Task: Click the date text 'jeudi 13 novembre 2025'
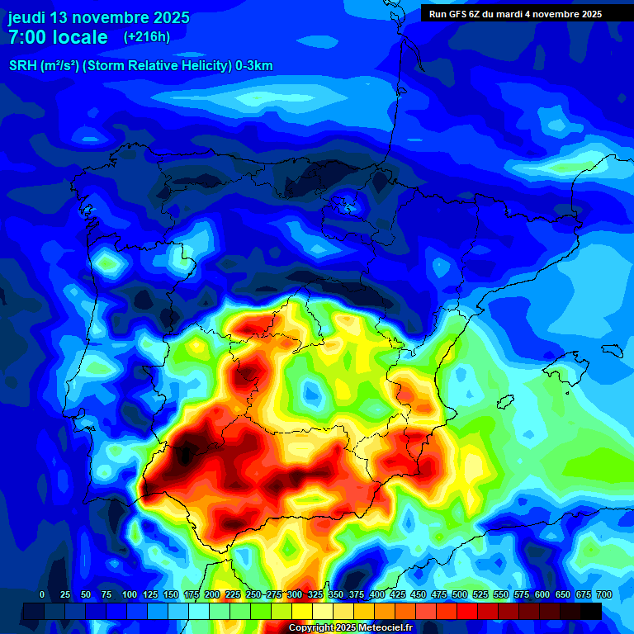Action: click(x=99, y=17)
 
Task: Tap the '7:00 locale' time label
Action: click(x=58, y=37)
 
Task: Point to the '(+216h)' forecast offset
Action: click(x=146, y=36)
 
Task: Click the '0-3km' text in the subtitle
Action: click(x=254, y=66)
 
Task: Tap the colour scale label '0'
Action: click(x=42, y=594)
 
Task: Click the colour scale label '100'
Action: click(x=129, y=594)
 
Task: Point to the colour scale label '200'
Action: click(x=211, y=594)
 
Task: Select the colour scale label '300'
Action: click(x=294, y=594)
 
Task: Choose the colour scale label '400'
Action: click(x=377, y=594)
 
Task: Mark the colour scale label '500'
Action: click(x=460, y=594)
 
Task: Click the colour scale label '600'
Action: click(x=542, y=594)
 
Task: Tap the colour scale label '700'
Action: click(x=603, y=594)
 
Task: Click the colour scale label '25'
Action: click(x=65, y=594)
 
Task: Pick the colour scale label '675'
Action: click(x=583, y=594)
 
